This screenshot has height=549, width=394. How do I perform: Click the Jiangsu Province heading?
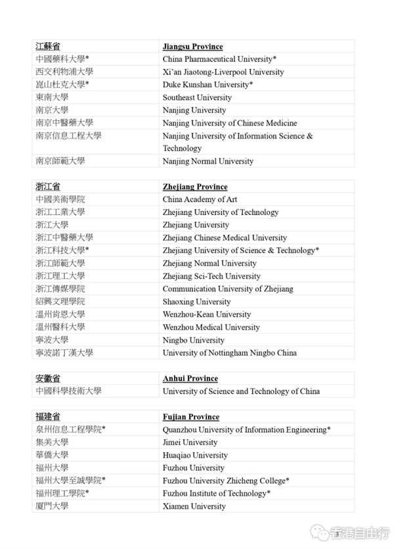pyautogui.click(x=192, y=47)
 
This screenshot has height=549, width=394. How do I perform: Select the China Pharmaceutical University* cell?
pyautogui.click(x=219, y=59)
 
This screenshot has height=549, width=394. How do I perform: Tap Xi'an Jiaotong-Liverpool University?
pyautogui.click(x=223, y=72)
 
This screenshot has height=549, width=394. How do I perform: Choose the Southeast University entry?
pyautogui.click(x=197, y=97)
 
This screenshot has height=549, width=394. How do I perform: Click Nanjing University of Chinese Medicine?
pyautogui.click(x=230, y=123)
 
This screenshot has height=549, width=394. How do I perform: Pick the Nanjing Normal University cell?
pyautogui.click(x=208, y=161)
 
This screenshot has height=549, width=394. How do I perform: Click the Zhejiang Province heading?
pyautogui.click(x=195, y=187)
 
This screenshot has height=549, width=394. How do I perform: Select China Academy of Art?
pyautogui.click(x=200, y=199)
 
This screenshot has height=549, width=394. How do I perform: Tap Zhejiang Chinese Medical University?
pyautogui.click(x=225, y=237)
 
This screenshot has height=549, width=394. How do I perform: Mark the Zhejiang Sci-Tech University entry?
pyautogui.click(x=211, y=276)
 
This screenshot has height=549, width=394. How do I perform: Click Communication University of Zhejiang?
pyautogui.click(x=228, y=289)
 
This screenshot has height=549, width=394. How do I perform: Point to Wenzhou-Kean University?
pyautogui.click(x=207, y=314)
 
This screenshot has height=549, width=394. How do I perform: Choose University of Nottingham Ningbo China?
pyautogui.click(x=229, y=352)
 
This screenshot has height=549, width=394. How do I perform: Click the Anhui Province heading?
pyautogui.click(x=190, y=378)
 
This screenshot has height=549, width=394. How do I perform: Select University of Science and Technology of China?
pyautogui.click(x=241, y=391)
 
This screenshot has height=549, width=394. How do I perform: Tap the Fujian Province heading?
pyautogui.click(x=190, y=417)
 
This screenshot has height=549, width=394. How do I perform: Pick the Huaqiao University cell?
pyautogui.click(x=194, y=455)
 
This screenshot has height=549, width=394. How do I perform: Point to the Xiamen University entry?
pyautogui.click(x=194, y=506)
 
